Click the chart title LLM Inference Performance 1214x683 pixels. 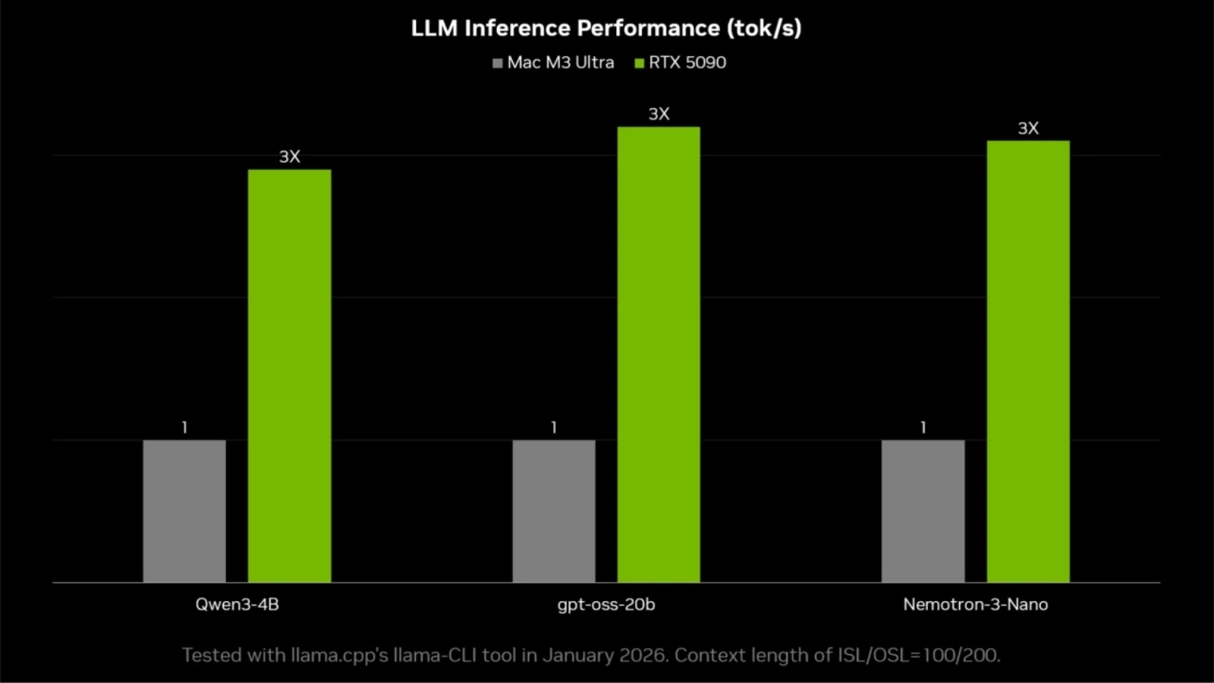coord(605,28)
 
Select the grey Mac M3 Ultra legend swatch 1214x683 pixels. coord(498,63)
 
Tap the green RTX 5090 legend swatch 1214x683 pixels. coord(640,63)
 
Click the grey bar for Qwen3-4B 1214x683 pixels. coord(184,511)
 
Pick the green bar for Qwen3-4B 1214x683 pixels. coord(289,376)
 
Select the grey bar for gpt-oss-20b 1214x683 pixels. coord(554,511)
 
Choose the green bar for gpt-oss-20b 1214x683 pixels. coord(659,354)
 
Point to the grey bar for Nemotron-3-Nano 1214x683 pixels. coord(923,511)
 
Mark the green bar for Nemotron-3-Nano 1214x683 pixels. coord(1028,361)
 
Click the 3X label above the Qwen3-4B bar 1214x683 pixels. coord(289,156)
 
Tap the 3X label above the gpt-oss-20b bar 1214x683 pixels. coord(659,114)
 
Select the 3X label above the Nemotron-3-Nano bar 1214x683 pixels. coord(1028,128)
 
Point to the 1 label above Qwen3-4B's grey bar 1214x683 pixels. coord(184,427)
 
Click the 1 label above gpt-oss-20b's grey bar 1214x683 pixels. coord(554,427)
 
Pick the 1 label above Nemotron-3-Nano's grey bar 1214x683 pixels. coord(923,427)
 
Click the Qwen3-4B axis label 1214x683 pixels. coord(237,605)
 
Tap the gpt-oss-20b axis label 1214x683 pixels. coord(605,605)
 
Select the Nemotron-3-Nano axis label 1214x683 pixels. coord(975,605)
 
